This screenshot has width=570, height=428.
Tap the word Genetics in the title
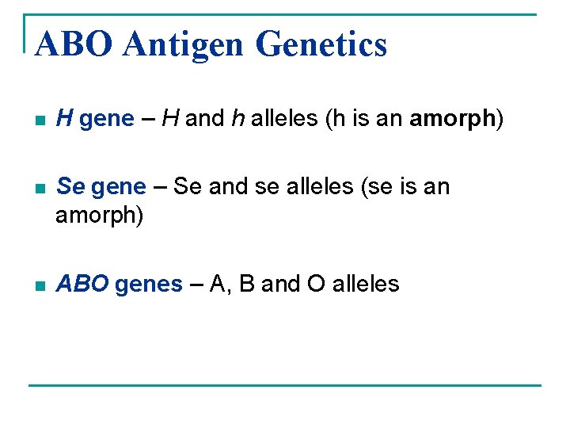[x=322, y=44]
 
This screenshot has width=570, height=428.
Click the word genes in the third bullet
[x=149, y=284]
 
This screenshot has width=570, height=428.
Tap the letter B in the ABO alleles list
[x=246, y=284]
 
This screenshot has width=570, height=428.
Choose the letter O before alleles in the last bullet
[x=316, y=284]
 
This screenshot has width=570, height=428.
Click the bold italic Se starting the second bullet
[x=71, y=186]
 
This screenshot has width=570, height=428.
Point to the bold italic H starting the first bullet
[x=66, y=119]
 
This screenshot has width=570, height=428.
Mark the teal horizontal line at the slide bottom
[x=285, y=385]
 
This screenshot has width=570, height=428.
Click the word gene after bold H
[x=107, y=119]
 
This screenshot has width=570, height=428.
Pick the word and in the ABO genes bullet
[x=280, y=284]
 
